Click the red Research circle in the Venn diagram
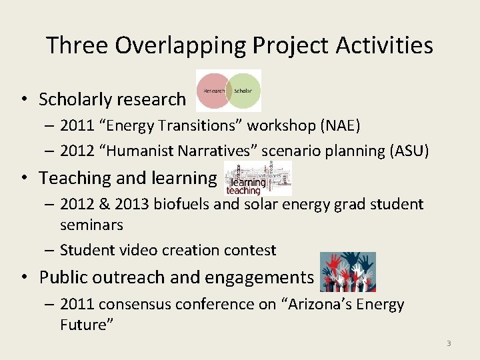(211, 90)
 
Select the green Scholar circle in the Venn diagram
(245, 90)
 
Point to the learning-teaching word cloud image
(258, 179)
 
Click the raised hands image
(347, 272)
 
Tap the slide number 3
(449, 343)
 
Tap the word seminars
(91, 225)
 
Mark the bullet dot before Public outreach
(24, 277)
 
